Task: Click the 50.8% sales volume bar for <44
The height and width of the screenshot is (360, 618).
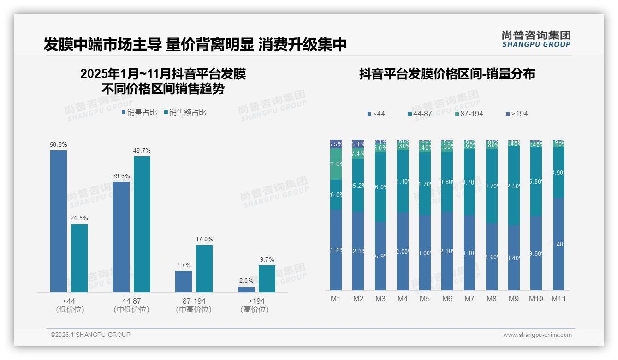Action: (x=59, y=221)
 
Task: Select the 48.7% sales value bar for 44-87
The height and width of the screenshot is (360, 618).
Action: (x=142, y=224)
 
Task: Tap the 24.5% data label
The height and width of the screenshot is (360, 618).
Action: (x=79, y=218)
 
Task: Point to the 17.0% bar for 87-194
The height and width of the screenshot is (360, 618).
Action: (x=204, y=268)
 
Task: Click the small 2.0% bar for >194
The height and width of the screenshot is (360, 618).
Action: (x=246, y=289)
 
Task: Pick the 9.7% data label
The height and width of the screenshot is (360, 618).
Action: (x=267, y=259)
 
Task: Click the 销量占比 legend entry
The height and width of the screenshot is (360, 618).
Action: (x=139, y=113)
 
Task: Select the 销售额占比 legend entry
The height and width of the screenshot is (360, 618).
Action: (x=185, y=113)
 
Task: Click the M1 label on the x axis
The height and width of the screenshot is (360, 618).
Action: (x=336, y=299)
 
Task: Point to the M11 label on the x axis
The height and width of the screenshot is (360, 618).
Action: (x=559, y=299)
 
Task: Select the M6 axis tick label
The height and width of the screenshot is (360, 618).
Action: (x=447, y=299)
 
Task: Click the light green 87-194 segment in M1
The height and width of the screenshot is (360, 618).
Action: (x=336, y=164)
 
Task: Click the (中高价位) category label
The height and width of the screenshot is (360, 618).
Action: (x=194, y=310)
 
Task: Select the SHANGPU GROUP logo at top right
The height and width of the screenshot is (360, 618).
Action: (x=536, y=39)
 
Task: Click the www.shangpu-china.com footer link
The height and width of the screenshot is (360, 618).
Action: (x=537, y=335)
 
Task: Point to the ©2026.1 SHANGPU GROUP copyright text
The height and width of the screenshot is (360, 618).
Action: (x=90, y=335)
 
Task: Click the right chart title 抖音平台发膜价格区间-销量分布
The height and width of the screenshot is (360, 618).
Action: (x=447, y=74)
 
